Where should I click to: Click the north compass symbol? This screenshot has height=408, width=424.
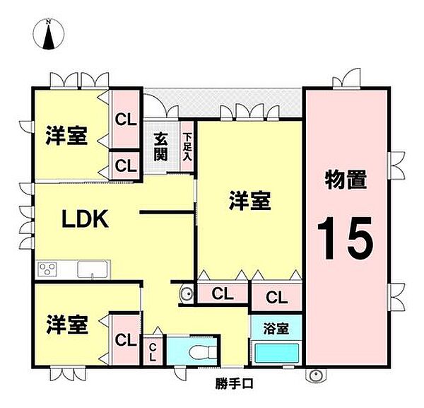click(x=49, y=35)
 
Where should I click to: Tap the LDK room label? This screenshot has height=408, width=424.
click(x=84, y=219)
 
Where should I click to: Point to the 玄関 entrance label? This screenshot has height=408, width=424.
click(x=160, y=146)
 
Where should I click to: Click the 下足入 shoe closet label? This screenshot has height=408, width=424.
click(x=187, y=147)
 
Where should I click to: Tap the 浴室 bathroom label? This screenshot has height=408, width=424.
click(x=276, y=328)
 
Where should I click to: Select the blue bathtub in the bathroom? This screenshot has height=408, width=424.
click(x=276, y=352)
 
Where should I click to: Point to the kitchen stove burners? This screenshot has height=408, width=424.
click(x=49, y=269)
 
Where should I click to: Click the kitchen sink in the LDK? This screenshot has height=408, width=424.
click(x=93, y=269)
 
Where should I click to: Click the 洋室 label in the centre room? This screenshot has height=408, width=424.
click(x=249, y=202)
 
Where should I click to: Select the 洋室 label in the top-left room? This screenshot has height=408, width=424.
click(x=67, y=136)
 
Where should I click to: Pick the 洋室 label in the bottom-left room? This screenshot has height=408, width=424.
click(x=67, y=325)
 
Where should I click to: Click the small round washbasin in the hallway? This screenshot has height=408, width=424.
click(x=187, y=293)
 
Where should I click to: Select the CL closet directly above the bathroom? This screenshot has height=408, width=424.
click(x=275, y=296)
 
